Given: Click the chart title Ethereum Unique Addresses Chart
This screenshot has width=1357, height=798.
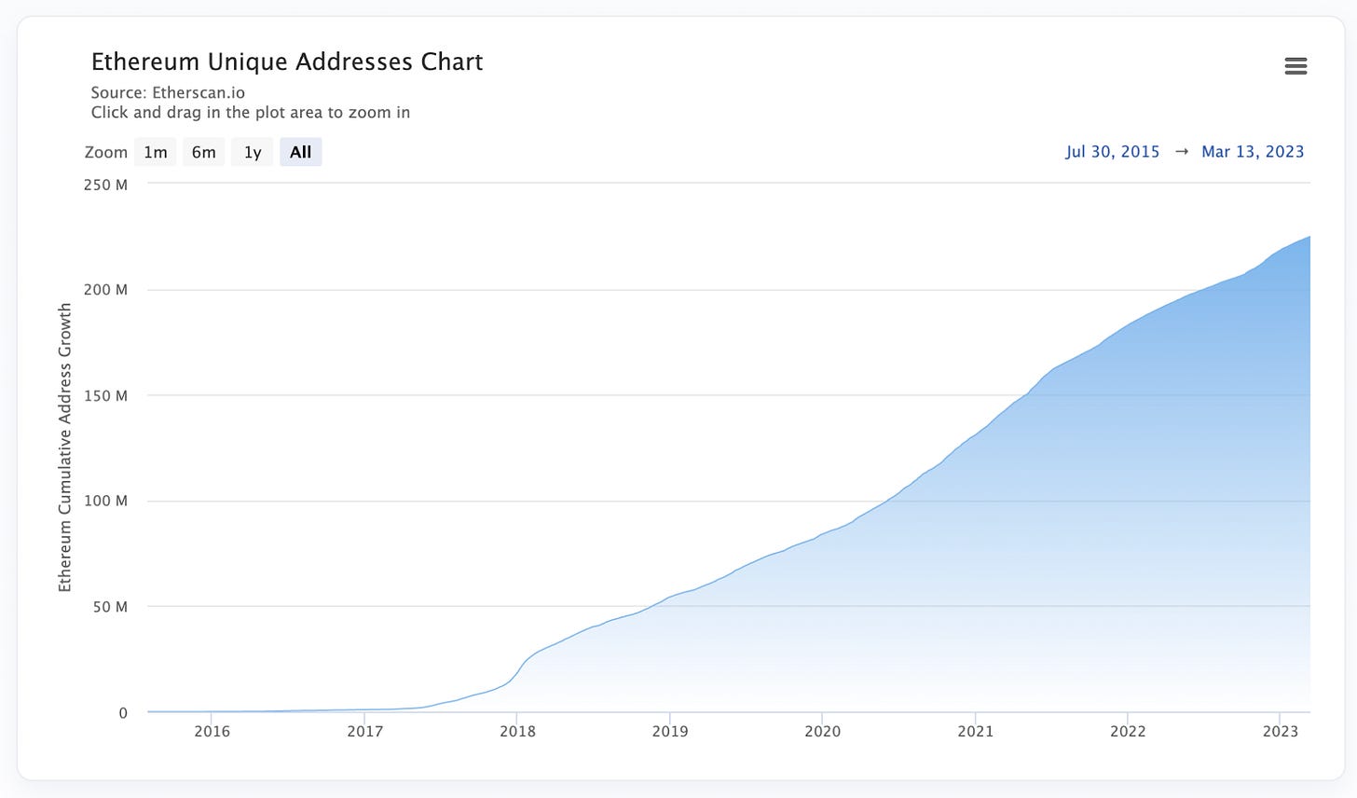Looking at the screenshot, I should (x=287, y=62).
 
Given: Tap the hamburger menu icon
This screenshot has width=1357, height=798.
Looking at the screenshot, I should (x=1295, y=66).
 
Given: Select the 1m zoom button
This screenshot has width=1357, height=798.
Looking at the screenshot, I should (x=156, y=152).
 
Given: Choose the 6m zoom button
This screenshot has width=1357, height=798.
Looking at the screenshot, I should (x=203, y=152).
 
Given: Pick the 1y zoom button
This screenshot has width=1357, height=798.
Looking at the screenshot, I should (x=253, y=152).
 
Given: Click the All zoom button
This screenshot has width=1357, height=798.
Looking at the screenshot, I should (x=300, y=152).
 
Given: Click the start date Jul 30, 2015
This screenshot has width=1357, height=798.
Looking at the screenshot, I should (x=1113, y=152).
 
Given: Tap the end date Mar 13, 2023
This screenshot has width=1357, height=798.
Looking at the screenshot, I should (x=1253, y=152).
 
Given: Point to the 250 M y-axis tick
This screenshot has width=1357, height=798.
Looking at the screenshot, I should (x=106, y=185).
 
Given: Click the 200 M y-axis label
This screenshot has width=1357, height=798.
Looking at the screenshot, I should (x=106, y=290).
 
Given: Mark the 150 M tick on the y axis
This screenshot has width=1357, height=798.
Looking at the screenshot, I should (x=106, y=395).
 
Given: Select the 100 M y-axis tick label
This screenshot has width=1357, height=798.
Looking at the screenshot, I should (x=106, y=502).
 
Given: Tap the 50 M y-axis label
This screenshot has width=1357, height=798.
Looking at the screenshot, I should (x=110, y=607).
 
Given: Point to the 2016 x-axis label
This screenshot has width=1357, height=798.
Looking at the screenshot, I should (x=212, y=732).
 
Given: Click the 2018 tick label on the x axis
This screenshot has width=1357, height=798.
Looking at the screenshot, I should (x=517, y=732).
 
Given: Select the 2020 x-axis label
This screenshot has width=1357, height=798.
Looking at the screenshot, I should (x=822, y=732).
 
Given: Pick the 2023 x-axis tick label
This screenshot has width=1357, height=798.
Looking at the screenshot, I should (x=1281, y=732).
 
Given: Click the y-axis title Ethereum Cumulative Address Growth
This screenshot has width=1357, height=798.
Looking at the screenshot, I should (x=65, y=447).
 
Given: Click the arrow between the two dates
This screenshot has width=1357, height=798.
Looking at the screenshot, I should (x=1181, y=152).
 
